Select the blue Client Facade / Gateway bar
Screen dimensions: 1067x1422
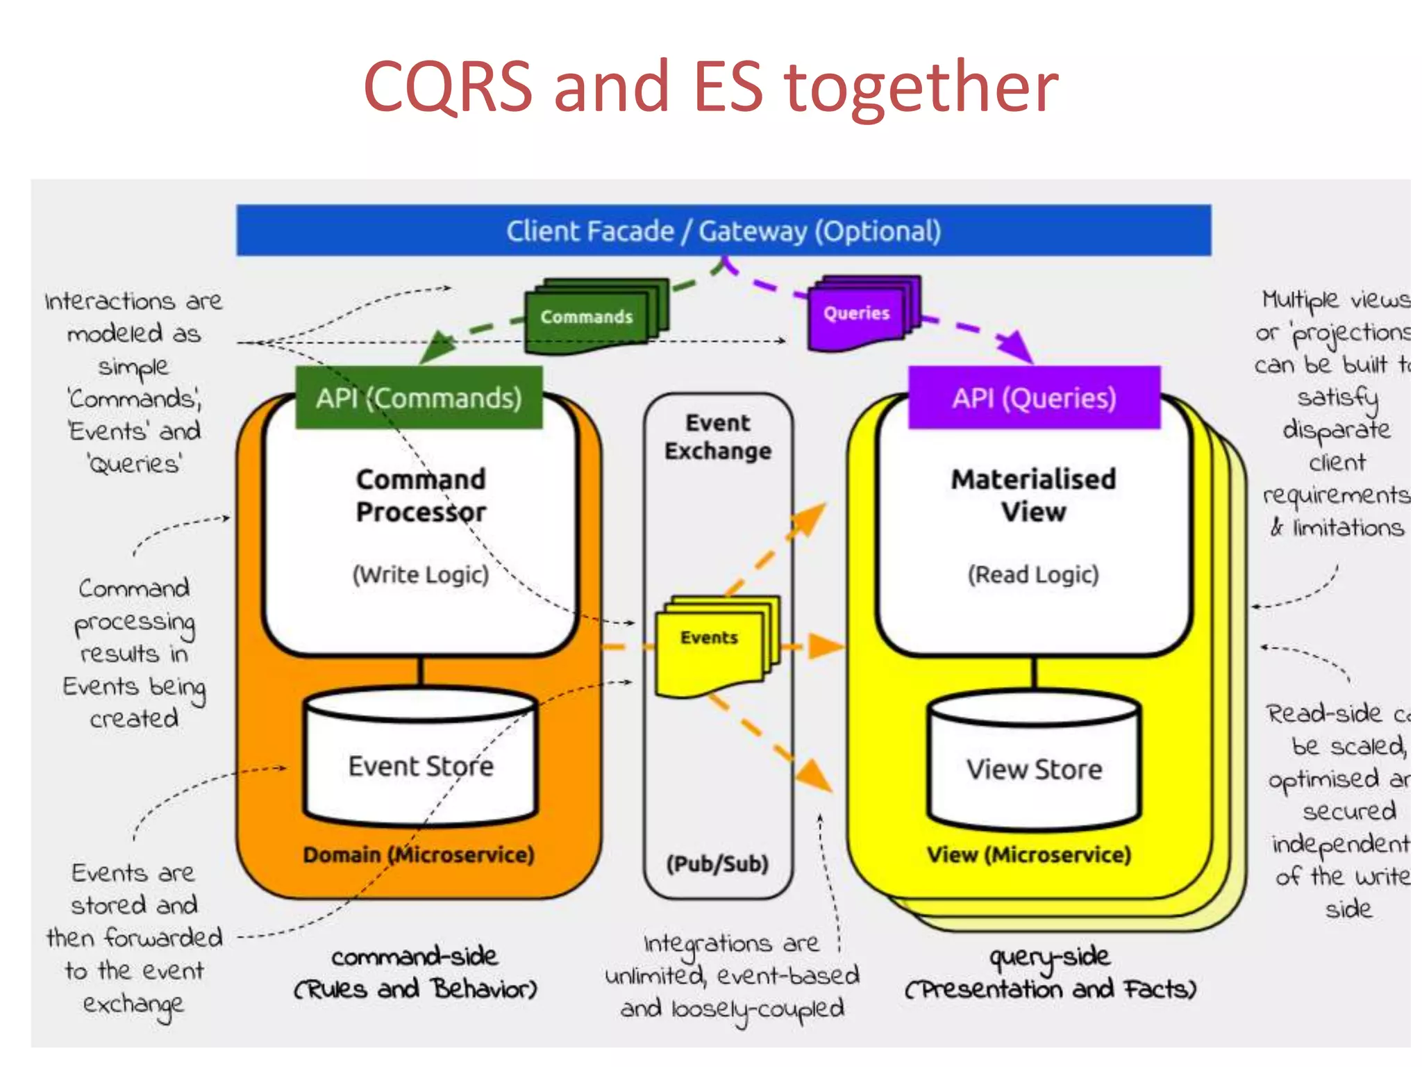click(723, 231)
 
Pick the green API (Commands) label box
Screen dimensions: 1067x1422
click(419, 398)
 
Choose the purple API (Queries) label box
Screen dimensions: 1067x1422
click(1034, 398)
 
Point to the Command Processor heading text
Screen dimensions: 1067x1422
click(421, 495)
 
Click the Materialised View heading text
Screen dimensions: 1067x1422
click(1033, 495)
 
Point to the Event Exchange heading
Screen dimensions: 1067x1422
click(718, 437)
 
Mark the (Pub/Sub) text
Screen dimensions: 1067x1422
click(717, 863)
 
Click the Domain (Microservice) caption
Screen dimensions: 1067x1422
click(419, 854)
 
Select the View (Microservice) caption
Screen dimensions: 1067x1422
click(1029, 854)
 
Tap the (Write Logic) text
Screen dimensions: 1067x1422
click(421, 574)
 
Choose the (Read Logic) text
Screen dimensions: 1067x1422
click(1033, 574)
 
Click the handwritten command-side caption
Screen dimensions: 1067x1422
click(415, 957)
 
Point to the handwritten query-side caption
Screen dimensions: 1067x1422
click(1050, 957)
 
